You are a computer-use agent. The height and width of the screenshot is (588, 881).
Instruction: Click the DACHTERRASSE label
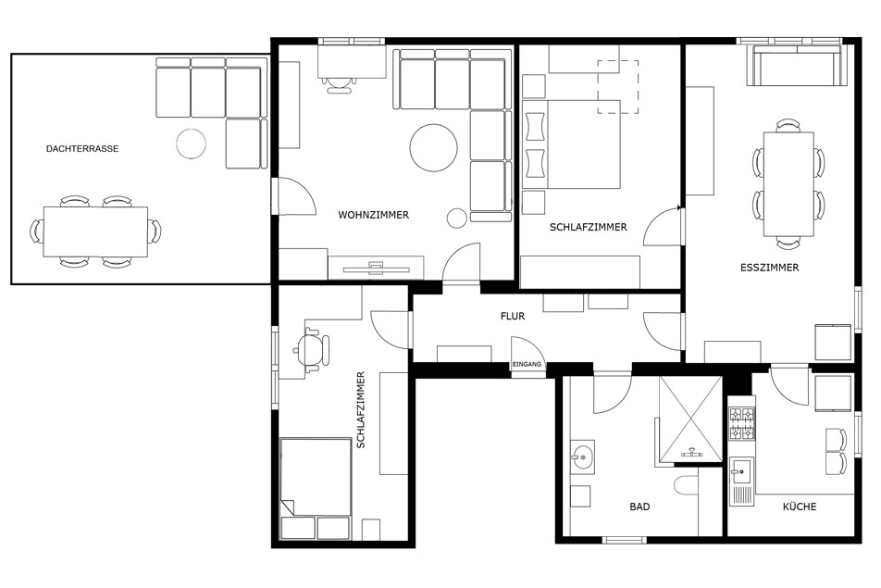pyautogui.click(x=82, y=149)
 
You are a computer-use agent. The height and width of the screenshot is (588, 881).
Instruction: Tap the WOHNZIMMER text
pyautogui.click(x=374, y=215)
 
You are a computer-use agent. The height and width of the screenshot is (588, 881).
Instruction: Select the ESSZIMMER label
pyautogui.click(x=769, y=268)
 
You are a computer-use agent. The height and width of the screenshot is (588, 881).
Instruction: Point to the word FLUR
pyautogui.click(x=513, y=317)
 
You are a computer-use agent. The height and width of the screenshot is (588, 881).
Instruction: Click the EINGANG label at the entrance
pyautogui.click(x=527, y=364)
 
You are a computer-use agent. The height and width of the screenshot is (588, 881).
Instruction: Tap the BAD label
pyautogui.click(x=639, y=507)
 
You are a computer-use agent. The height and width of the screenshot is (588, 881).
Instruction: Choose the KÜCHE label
pyautogui.click(x=800, y=507)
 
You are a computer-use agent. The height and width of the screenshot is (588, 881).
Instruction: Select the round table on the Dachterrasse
pyautogui.click(x=191, y=144)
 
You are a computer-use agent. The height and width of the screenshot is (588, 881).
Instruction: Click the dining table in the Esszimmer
pyautogui.click(x=788, y=184)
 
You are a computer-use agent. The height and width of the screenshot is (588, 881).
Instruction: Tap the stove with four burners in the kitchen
pyautogui.click(x=741, y=424)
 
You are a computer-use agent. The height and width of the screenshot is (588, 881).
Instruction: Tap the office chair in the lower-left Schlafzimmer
pyautogui.click(x=312, y=349)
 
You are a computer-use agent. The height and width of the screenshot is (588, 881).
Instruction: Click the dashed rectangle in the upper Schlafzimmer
pyautogui.click(x=617, y=86)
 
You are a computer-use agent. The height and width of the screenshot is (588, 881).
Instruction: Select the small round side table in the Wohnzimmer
pyautogui.click(x=457, y=219)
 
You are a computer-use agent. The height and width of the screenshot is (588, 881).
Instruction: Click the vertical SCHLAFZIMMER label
pyautogui.click(x=361, y=410)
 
